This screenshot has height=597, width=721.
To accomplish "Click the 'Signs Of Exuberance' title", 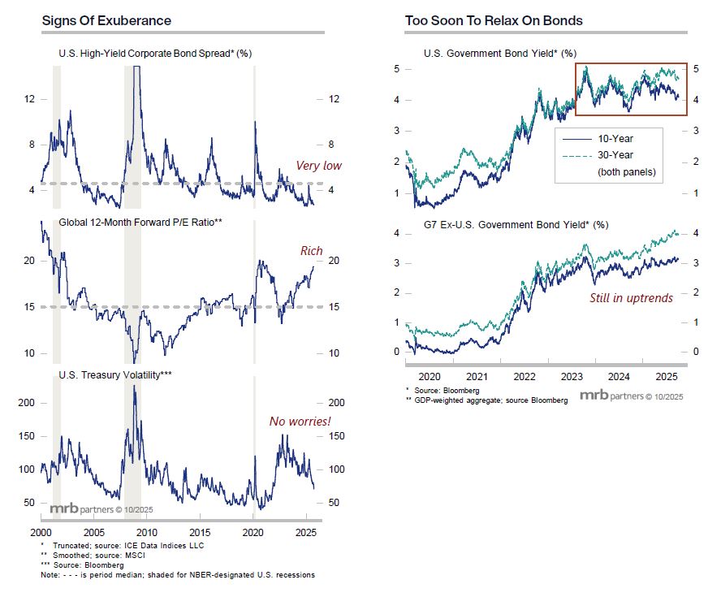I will tap(106, 20).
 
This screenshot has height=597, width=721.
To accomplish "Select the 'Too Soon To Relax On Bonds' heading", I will tap(494, 20).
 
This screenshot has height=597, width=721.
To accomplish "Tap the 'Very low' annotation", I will tap(318, 167).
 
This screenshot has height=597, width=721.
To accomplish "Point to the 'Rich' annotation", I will tap(311, 251).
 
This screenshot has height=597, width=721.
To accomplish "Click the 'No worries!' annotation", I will tap(300, 422).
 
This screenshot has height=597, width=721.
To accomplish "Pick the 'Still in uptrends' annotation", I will tap(631, 298).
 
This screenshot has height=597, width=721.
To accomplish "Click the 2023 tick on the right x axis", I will tap(572, 378).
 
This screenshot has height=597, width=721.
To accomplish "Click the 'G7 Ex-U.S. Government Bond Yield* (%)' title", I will tap(516, 224).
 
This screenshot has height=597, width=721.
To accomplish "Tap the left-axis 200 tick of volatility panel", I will tap(27, 403).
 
